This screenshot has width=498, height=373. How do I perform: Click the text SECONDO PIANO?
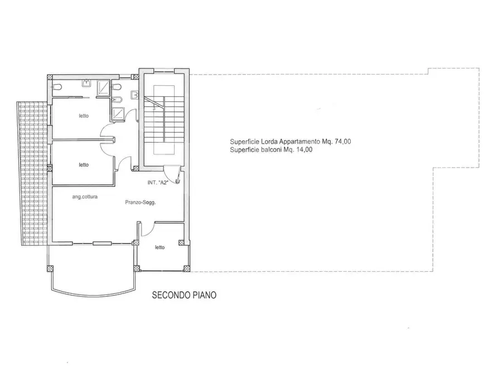(x=184, y=295)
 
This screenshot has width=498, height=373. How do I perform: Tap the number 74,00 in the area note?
(x=343, y=141)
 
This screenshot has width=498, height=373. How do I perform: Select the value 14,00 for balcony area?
(x=304, y=150)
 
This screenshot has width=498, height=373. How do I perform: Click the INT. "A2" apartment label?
(x=157, y=183)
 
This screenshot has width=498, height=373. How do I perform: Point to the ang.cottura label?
(x=85, y=197)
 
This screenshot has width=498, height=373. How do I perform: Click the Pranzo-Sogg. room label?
(x=141, y=202)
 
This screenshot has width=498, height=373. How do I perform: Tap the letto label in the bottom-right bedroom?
(x=159, y=247)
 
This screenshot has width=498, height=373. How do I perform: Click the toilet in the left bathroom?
(x=57, y=87)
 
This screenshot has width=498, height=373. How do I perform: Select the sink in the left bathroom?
(x=86, y=83)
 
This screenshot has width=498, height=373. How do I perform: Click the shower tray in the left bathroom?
(x=103, y=87)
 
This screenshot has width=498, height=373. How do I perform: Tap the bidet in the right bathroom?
(x=117, y=99)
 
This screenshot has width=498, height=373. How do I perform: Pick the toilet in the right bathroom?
(x=117, y=87)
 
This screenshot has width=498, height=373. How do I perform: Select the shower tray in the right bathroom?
(x=118, y=114)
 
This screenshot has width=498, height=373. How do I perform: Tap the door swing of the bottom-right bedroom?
(x=147, y=229)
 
